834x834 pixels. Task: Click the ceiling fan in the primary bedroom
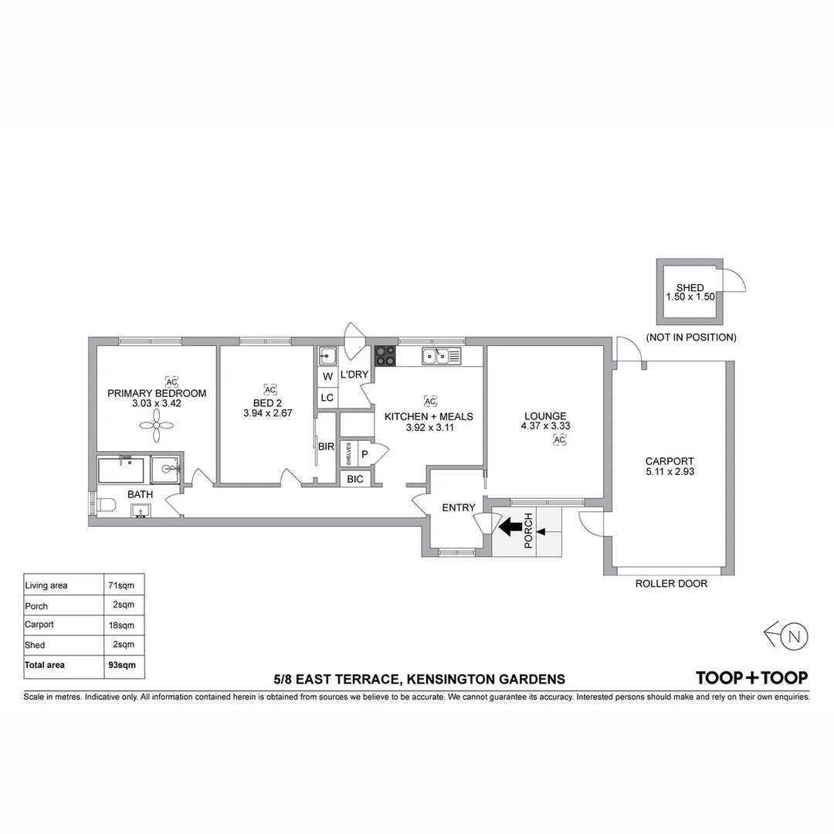click(x=156, y=425)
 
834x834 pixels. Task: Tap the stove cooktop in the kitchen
click(x=385, y=356)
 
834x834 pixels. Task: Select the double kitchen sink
click(x=442, y=355)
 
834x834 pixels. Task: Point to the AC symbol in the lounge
click(x=559, y=440)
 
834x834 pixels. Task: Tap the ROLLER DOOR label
click(x=671, y=584)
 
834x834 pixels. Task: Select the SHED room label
click(x=690, y=288)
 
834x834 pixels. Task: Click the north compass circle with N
click(x=794, y=636)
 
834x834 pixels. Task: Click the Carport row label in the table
click(x=39, y=625)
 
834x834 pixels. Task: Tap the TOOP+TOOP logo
click(x=751, y=678)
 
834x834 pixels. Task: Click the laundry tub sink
click(x=327, y=355)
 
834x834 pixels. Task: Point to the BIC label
click(x=355, y=480)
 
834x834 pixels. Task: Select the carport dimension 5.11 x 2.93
click(x=670, y=471)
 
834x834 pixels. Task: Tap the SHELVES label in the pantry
click(x=348, y=454)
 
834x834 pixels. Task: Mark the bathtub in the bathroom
click(x=121, y=470)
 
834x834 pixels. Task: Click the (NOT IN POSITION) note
click(x=691, y=337)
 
